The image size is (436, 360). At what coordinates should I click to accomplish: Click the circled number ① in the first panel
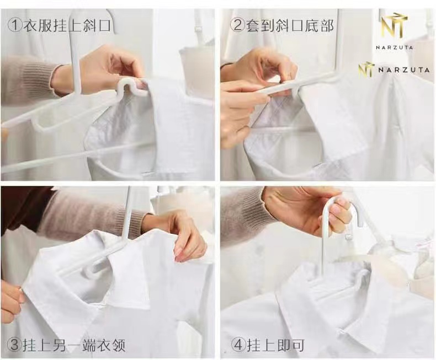coord(14,25)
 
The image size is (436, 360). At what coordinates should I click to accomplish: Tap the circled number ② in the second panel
coord(238,25)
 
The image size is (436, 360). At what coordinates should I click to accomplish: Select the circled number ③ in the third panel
coord(14,345)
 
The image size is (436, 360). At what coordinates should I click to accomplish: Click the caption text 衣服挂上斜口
coord(67,25)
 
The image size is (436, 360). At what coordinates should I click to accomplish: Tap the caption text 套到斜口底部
coord(290,25)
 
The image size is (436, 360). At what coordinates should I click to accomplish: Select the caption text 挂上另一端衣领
coord(74,345)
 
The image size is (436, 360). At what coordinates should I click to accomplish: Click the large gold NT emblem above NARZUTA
coord(395,26)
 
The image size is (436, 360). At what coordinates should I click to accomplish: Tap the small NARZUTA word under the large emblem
coord(394,47)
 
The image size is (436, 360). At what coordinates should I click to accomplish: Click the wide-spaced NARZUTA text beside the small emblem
coord(404,69)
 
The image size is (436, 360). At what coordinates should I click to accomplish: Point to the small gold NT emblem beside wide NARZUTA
coord(365,69)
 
